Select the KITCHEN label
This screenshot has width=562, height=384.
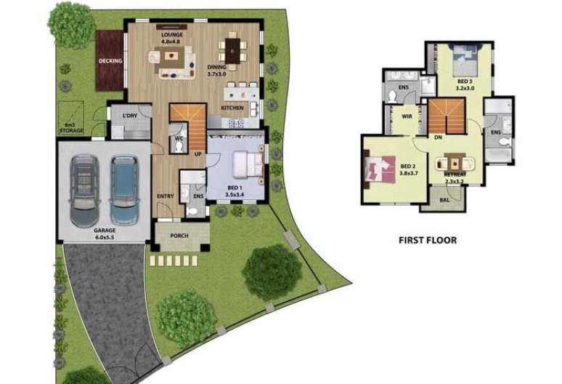pos(232,108)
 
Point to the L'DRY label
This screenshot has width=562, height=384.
pos(131,116)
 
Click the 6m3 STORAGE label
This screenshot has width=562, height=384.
pos(71,128)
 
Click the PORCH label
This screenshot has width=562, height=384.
pos(179,236)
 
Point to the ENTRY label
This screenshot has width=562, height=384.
pos(165,196)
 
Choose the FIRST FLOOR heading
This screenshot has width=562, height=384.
pos(428,239)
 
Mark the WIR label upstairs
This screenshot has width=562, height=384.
pos(407,115)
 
